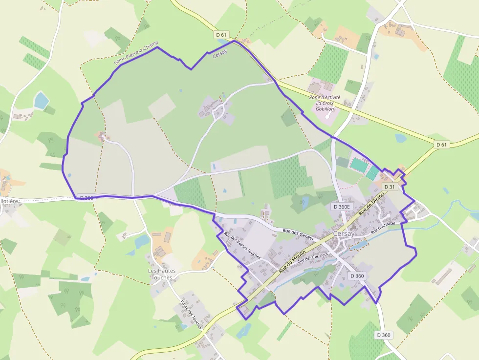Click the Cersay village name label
click(344, 233)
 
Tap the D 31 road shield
click(389, 187)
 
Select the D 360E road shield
click(342, 207)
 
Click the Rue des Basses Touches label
click(241, 245)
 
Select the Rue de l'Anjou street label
click(371, 204)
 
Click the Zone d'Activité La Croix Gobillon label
click(325, 103)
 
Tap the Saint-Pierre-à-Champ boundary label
click(136, 53)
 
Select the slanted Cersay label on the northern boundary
click(220, 55)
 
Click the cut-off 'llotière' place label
click(9, 201)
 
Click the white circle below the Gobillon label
click(327, 117)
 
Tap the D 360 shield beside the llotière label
click(85, 198)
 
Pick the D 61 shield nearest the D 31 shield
click(441, 144)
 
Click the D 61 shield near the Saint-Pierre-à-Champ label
click(221, 35)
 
